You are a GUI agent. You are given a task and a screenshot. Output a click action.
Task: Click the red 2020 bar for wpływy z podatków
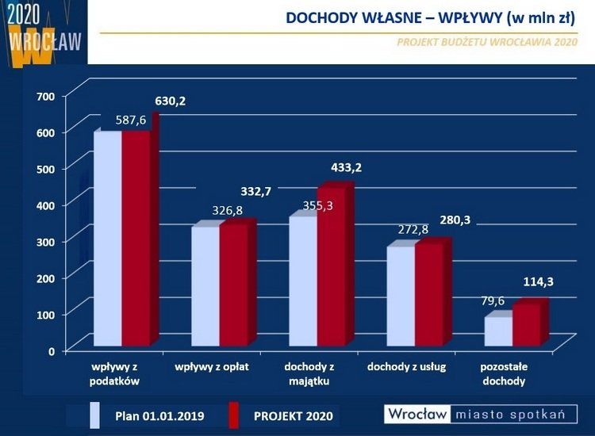[x=136, y=238]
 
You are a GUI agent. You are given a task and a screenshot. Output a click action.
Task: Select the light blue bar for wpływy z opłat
[x=205, y=286]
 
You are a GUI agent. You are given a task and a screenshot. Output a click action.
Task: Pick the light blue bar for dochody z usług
[x=401, y=296]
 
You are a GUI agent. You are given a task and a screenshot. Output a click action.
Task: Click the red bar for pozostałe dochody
[x=526, y=325]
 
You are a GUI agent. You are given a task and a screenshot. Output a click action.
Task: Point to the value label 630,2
[x=171, y=101]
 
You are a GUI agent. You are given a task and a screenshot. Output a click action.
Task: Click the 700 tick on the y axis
[x=45, y=97]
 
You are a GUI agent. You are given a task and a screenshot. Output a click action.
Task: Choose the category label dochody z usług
[x=407, y=367]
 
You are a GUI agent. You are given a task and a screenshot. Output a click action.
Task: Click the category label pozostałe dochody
[x=504, y=374]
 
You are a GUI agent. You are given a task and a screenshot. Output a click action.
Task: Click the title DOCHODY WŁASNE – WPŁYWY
[x=429, y=18]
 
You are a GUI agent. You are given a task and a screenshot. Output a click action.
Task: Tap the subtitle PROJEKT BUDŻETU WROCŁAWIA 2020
[x=486, y=43]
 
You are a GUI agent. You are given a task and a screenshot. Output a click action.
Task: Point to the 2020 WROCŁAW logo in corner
[x=43, y=33]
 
